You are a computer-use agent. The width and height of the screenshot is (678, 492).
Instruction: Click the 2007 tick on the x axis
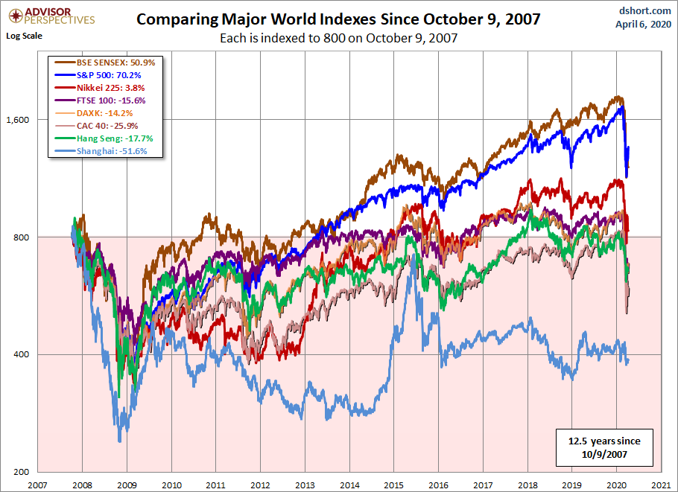(x=38, y=485)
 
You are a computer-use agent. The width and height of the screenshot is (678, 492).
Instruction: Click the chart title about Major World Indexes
(x=338, y=19)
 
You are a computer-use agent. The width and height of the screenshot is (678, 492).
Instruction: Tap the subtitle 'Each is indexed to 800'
(x=338, y=38)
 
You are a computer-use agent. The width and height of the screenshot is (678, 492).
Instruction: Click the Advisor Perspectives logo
(x=49, y=15)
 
